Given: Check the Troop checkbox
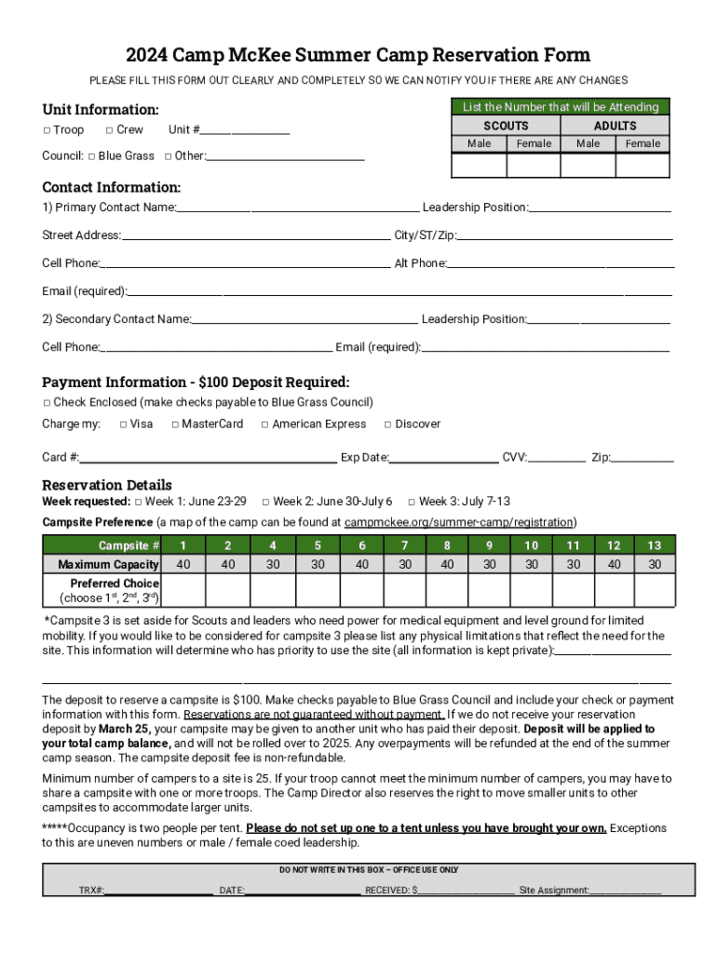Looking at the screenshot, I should coord(47,130).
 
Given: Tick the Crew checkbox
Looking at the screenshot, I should coord(109,130).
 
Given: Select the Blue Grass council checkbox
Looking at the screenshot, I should coord(91,156).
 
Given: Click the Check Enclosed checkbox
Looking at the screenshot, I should coord(47,403).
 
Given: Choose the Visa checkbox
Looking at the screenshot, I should coord(123,424).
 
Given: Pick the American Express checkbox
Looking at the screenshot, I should coord(264,424).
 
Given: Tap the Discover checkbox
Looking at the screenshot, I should coord(388,424).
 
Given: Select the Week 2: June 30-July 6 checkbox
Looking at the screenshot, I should coord(265,502).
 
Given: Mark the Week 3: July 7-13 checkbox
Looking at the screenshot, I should coord(412,502).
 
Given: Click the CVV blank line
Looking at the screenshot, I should coord(558,459).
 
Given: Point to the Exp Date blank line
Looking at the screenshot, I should coord(444,459).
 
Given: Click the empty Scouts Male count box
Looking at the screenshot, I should coord(479,165).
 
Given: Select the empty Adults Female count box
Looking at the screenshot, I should coord(643,165).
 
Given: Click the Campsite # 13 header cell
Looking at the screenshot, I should coord(655,545).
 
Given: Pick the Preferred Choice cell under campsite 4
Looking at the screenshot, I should coord(273,590).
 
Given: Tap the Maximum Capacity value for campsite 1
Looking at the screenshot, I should coord(183,564).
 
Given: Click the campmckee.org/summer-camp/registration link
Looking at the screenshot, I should coord(453,522).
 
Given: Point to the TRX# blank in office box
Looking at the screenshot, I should coord(158,890).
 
